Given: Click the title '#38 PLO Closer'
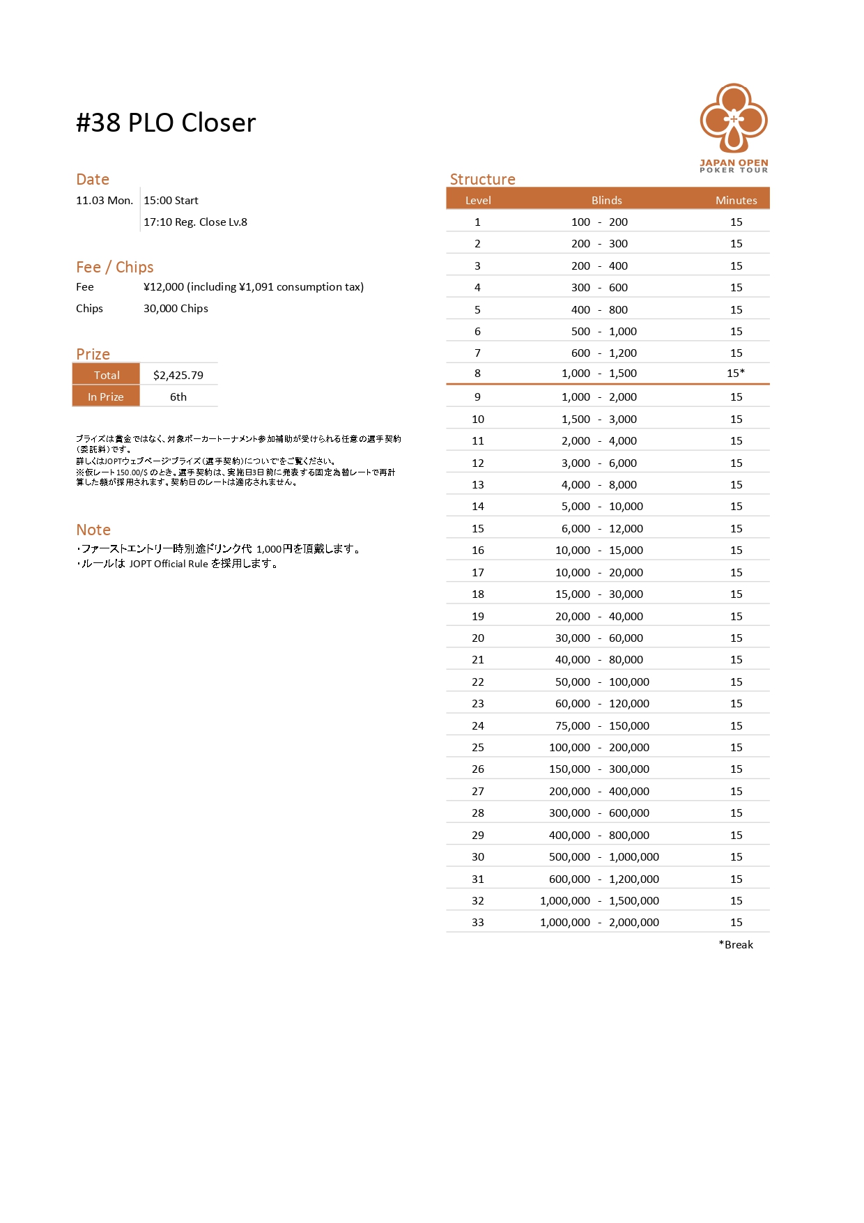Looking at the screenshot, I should pos(166,123).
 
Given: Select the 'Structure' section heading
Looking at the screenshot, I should pos(482,179).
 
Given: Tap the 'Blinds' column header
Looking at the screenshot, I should pos(606,200).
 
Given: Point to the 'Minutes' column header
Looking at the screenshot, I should pos(736,200).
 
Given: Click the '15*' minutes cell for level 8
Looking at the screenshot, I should pos(736,374).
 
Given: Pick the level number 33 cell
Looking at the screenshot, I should pos(477,922).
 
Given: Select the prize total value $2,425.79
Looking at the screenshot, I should pos(178,375).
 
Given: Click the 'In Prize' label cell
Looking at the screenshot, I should pos(106,397).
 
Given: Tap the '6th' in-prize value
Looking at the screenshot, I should pos(178,397).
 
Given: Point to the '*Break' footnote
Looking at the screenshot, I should pos(736,944).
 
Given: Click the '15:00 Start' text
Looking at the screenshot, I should pos(171,201).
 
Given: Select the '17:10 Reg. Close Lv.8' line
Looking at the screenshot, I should pos(195,222).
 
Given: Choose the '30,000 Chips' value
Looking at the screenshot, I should pos(176,309).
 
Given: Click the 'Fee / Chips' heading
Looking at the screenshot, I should pos(115,267).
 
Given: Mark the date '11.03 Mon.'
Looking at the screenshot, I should pos(105,201).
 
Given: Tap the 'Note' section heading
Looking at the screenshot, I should pos(93,530).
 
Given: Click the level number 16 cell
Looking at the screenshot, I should pos(477,550).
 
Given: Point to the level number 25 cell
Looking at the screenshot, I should pos(477,747).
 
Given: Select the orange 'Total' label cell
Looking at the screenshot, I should pos(107,375).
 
